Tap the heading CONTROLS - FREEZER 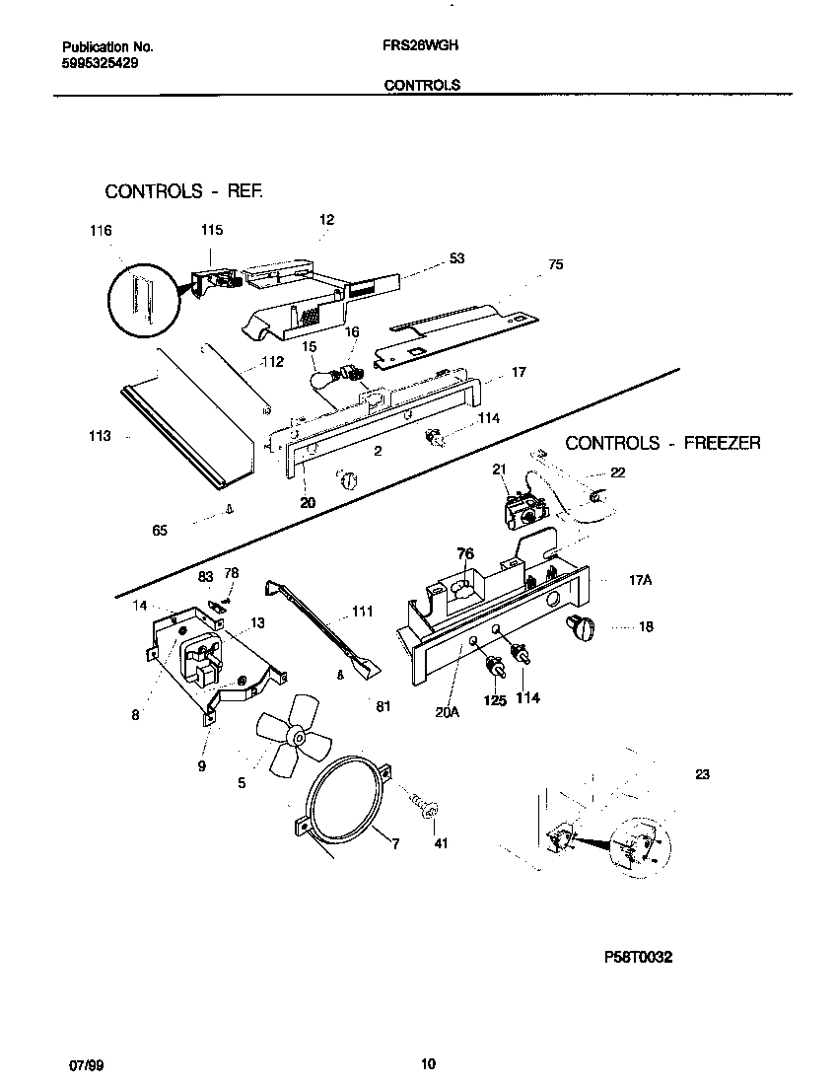coord(662,444)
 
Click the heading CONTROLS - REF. coord(184,191)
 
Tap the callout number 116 coord(100,231)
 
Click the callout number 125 coord(494,700)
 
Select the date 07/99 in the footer coord(85,1063)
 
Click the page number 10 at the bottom coord(427,1063)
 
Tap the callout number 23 coord(702,774)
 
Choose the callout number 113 coord(100,436)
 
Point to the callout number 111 coord(362,612)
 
